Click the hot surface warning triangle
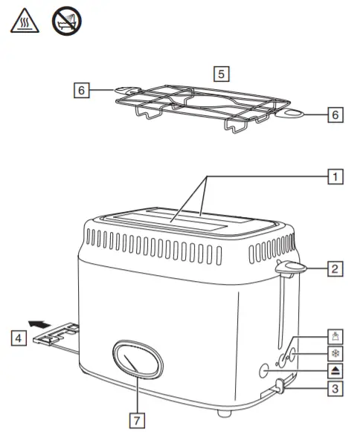(x=22, y=22)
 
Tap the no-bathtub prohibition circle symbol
(x=65, y=22)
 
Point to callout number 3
(x=335, y=387)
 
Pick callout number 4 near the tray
(x=16, y=338)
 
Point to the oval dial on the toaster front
(x=137, y=362)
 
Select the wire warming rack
(x=205, y=106)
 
